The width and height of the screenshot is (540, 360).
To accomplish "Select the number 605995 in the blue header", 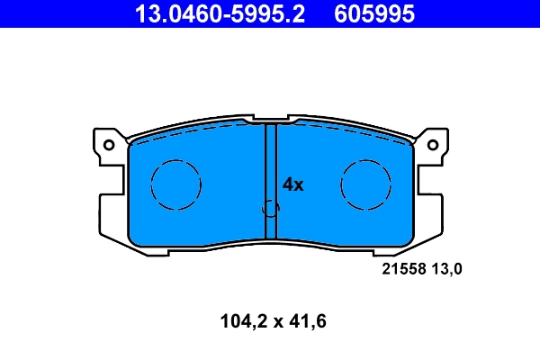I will pos(375,13).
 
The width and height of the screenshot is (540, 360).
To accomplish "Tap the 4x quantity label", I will pos(293,184).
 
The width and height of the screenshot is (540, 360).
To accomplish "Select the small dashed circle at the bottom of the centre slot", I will pos(270,208).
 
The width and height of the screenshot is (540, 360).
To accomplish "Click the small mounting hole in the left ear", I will pos(109,144).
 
